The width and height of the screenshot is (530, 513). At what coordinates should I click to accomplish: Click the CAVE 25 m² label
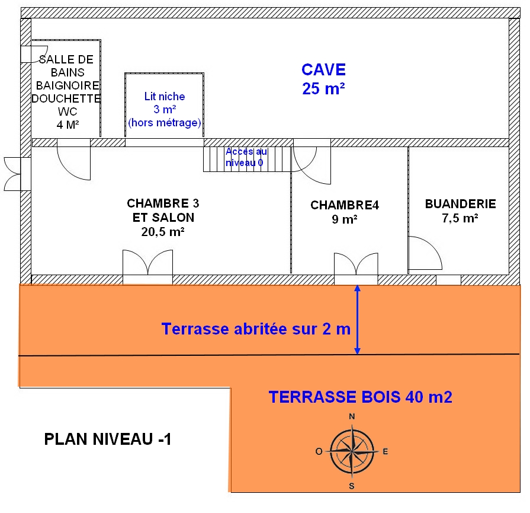[323, 78]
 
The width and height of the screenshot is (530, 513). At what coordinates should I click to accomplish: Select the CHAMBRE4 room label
[344, 212]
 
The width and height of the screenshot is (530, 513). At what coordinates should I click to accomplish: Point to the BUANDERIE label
[460, 211]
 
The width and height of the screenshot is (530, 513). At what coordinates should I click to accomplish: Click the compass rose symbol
[352, 451]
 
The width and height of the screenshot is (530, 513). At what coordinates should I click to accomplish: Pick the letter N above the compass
[352, 416]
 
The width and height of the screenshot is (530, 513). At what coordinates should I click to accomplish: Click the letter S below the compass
[352, 486]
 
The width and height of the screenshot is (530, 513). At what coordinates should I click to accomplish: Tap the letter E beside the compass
[385, 452]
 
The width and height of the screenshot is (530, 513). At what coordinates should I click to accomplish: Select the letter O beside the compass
[319, 452]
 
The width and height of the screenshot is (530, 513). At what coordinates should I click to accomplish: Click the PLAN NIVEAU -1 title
[108, 439]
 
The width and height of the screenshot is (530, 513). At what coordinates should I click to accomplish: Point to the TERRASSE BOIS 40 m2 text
[360, 397]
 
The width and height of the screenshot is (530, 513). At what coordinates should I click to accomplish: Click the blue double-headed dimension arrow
[356, 320]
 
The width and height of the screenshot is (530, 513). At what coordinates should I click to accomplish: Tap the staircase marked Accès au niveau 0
[248, 159]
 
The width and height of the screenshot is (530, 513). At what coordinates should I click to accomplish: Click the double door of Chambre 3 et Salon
[147, 266]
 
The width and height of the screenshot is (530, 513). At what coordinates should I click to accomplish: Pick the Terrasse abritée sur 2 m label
[256, 329]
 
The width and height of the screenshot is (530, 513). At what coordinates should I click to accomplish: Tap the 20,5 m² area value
[163, 232]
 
